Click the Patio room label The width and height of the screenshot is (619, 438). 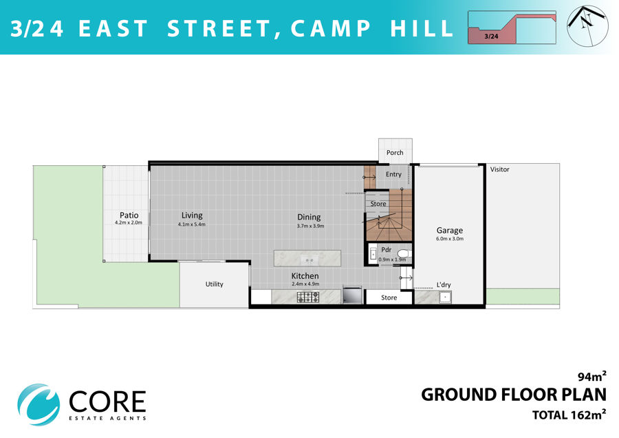click(129, 215)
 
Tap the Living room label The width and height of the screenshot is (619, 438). click(192, 215)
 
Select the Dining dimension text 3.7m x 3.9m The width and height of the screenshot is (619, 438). click(310, 226)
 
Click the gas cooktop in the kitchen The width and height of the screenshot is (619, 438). click(308, 297)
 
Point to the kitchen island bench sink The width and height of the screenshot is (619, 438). click(307, 260)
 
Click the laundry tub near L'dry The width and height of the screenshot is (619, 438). click(445, 297)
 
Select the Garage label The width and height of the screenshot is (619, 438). click(450, 230)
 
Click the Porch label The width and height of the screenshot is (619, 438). click(395, 153)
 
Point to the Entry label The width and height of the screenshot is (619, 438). click(393, 174)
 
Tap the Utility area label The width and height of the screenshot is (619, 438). click(215, 284)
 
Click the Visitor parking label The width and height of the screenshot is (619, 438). click(500, 169)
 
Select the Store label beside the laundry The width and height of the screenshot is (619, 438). click(389, 298)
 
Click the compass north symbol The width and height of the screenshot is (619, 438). click(587, 25)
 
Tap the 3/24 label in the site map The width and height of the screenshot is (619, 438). click(491, 36)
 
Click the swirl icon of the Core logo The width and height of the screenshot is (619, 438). click(39, 404)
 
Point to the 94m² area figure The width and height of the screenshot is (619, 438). click(591, 376)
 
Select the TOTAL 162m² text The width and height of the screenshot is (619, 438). click(569, 415)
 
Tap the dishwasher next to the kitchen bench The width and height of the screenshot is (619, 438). click(352, 295)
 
